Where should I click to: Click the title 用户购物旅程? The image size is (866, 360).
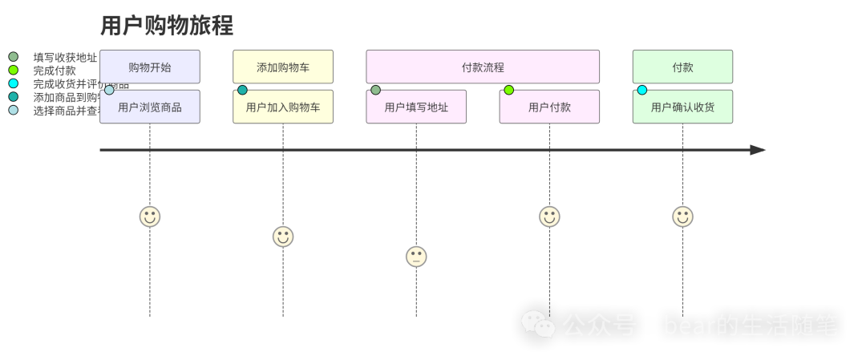[x=167, y=26]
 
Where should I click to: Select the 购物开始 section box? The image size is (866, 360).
[x=150, y=67]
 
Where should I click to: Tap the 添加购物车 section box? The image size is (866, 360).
[x=283, y=67]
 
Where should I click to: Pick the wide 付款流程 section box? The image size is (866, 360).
[x=483, y=67]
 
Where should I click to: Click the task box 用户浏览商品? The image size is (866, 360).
[x=150, y=107]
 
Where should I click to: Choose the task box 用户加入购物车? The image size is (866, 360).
[x=283, y=107]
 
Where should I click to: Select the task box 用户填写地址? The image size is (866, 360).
[x=416, y=107]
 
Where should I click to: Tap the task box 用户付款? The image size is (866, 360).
[x=549, y=107]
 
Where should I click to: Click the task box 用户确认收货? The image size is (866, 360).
[x=682, y=107]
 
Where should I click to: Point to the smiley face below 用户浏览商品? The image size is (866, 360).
[x=150, y=216]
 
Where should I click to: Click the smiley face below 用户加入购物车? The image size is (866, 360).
[x=283, y=237]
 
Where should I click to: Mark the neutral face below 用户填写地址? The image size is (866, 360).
[x=416, y=257]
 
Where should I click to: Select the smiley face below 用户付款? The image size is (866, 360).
[x=549, y=216]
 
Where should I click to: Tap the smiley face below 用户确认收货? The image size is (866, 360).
[x=682, y=216]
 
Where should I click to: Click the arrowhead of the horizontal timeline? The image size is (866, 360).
[x=758, y=150]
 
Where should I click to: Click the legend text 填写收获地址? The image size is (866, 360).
[x=65, y=58]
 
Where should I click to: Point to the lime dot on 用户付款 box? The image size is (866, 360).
[x=508, y=91]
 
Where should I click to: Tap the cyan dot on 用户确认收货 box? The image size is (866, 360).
[x=641, y=91]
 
